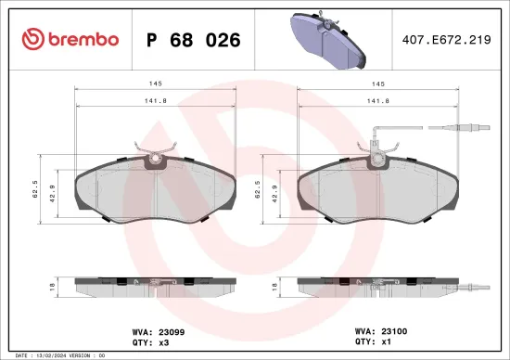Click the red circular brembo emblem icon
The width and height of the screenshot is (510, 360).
[x=31, y=39]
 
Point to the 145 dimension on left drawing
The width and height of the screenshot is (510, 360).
[x=156, y=84]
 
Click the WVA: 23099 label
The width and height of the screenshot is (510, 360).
[x=153, y=328]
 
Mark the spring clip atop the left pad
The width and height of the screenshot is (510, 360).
[x=155, y=147]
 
